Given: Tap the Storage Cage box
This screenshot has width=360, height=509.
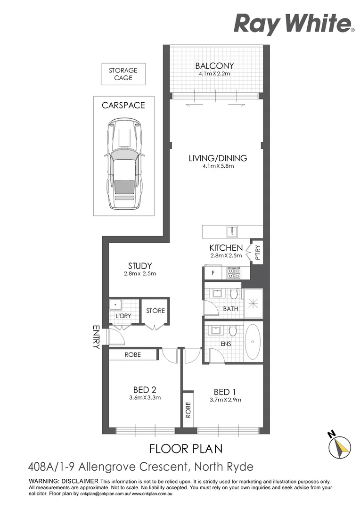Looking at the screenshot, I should [123, 74].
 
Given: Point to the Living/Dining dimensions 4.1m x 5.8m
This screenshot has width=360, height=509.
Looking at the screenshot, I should [217, 166].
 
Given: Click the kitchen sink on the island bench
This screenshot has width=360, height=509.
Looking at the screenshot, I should [232, 231].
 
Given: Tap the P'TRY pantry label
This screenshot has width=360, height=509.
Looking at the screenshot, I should [257, 252].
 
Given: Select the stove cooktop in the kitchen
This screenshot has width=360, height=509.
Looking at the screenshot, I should [234, 273].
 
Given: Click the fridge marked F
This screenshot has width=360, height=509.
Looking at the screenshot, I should [213, 273].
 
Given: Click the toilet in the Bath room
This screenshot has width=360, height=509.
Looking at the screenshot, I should [233, 295].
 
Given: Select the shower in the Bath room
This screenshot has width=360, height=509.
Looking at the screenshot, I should [253, 304].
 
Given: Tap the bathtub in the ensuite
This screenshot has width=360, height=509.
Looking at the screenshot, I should [253, 342].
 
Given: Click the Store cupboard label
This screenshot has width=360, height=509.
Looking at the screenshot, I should [155, 311].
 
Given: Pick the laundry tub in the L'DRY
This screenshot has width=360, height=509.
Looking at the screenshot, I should [115, 304].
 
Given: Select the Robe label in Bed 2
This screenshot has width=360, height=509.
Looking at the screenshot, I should [132, 354].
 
